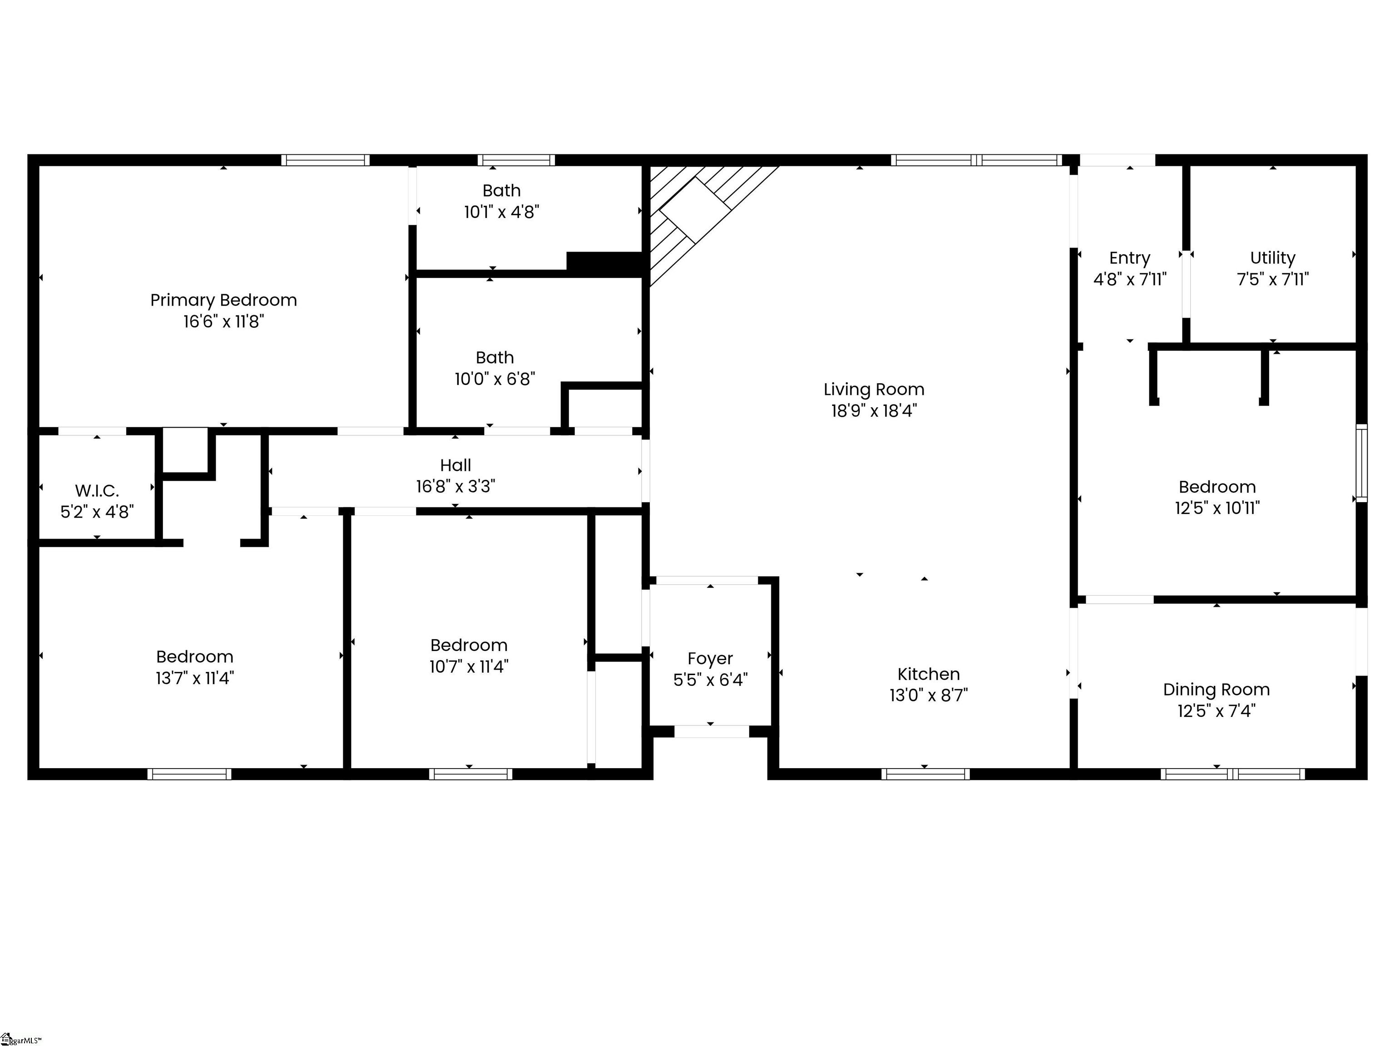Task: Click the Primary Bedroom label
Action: pyautogui.click(x=223, y=300)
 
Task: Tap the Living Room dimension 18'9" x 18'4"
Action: pyautogui.click(x=873, y=411)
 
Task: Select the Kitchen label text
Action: pyautogui.click(x=928, y=674)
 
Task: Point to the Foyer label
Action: pyautogui.click(x=710, y=658)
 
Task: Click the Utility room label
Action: pyautogui.click(x=1273, y=258)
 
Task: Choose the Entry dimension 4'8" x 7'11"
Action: pyautogui.click(x=1129, y=279)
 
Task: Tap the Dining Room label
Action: pyautogui.click(x=1216, y=690)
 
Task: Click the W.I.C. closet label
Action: pyautogui.click(x=97, y=490)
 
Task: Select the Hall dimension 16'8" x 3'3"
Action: pyautogui.click(x=455, y=487)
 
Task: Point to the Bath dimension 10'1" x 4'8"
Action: pyautogui.click(x=501, y=212)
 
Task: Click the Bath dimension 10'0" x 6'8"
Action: pyautogui.click(x=495, y=379)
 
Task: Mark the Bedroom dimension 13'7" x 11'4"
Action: pyautogui.click(x=195, y=678)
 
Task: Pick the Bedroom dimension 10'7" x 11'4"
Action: pyautogui.click(x=469, y=667)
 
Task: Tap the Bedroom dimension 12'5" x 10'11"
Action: pyautogui.click(x=1217, y=508)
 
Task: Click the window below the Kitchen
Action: pyautogui.click(x=925, y=774)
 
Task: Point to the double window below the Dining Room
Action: pyautogui.click(x=1232, y=774)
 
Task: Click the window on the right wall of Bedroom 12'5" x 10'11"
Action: pyautogui.click(x=1361, y=464)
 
